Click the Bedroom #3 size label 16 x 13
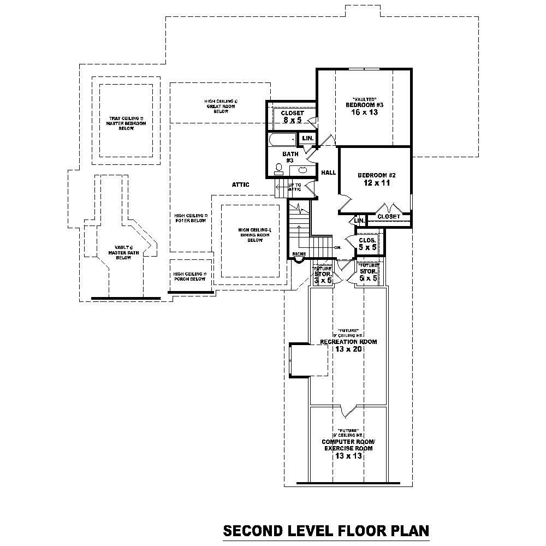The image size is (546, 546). coord(365,112)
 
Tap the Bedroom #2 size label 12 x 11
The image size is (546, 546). coord(376,183)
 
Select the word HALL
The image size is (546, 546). coord(328,173)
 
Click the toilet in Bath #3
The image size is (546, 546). coord(279,168)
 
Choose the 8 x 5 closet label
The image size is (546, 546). coord(292,120)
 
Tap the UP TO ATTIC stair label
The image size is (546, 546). coord(294,187)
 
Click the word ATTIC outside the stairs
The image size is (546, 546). coord(240,185)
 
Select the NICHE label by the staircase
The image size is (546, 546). coord(299,254)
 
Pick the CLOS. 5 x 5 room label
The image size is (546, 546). coord(367,244)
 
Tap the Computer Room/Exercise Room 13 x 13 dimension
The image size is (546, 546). coord(348,455)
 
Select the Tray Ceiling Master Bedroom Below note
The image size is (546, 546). coord(126,124)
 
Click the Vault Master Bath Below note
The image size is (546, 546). coord(116,252)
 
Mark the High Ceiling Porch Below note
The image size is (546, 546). coord(189,276)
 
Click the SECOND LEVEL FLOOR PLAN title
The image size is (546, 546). coord(326,530)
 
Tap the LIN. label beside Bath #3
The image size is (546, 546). coord(308,139)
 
